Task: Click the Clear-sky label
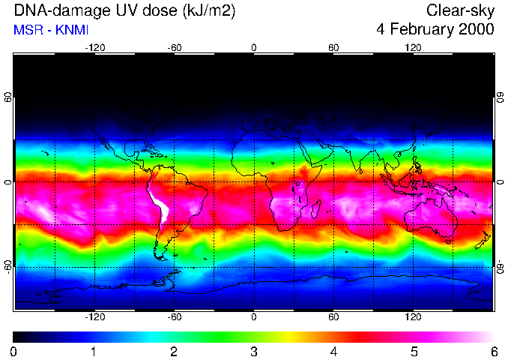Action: [x=460, y=10]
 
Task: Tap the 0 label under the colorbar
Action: [x=13, y=351]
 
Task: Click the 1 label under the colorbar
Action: [x=93, y=351]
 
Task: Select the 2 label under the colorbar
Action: [x=173, y=351]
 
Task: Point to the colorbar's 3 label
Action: [x=253, y=351]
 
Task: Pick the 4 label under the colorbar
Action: [x=333, y=351]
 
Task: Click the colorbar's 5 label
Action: [x=414, y=351]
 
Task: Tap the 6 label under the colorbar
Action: [x=494, y=351]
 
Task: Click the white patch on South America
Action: [x=159, y=206]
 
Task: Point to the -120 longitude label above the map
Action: [x=94, y=47]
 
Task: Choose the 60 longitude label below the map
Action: [x=333, y=316]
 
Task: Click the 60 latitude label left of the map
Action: [x=8, y=99]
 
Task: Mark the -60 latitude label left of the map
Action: [x=8, y=265]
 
